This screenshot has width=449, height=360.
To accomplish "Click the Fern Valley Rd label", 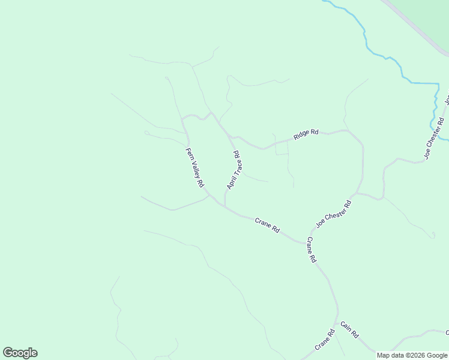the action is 195,168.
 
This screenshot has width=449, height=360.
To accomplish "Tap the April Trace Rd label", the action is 234,170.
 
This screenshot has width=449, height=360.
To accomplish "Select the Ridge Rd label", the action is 306,135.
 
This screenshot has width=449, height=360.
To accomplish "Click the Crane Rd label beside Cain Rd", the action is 324,340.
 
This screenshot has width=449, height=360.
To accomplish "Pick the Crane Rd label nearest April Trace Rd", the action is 267,225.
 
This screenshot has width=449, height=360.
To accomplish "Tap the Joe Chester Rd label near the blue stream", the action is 434,139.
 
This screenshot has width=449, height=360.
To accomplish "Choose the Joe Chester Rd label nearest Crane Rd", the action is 333,215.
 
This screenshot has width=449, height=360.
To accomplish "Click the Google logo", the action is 20,353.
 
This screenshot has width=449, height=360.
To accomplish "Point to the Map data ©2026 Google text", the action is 412,355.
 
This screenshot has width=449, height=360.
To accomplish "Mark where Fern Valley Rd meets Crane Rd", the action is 209,195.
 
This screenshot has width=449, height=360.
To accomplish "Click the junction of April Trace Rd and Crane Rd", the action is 225,206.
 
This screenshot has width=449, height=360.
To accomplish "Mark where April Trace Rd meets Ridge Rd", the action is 230,137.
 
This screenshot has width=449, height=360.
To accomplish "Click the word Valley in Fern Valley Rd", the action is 196,169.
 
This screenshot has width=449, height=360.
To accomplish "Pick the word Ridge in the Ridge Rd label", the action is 301,136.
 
